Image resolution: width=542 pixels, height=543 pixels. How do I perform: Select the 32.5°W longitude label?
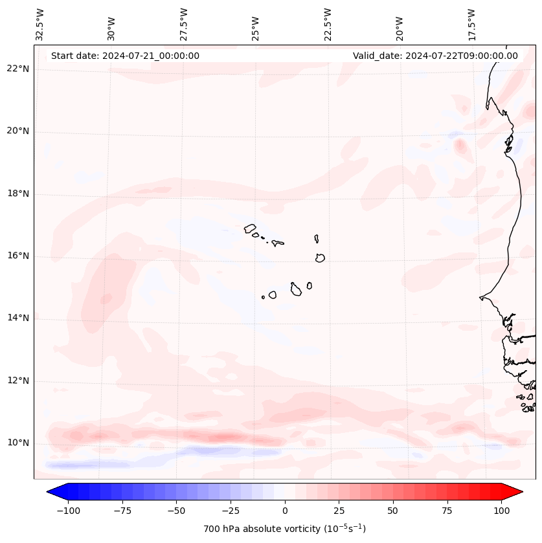[x=40, y=24]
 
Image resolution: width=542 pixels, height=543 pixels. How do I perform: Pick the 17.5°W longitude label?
[x=471, y=24]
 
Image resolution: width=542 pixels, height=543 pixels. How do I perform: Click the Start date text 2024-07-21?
[x=125, y=56]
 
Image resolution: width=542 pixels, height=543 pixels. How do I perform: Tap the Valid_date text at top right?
[x=435, y=56]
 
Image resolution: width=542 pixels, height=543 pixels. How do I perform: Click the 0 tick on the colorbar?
[x=285, y=511]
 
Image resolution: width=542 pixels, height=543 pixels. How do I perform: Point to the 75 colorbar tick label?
[x=447, y=511]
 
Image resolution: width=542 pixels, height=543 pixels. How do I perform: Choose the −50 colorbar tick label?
[x=177, y=511]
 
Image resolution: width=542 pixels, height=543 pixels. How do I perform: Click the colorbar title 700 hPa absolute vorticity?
[x=285, y=529]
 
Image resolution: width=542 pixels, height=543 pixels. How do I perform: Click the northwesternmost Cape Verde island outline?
[x=250, y=228]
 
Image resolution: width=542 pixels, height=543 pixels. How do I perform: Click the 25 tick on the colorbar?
[x=339, y=511]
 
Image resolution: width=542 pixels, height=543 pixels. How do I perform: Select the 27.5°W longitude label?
[x=184, y=24]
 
